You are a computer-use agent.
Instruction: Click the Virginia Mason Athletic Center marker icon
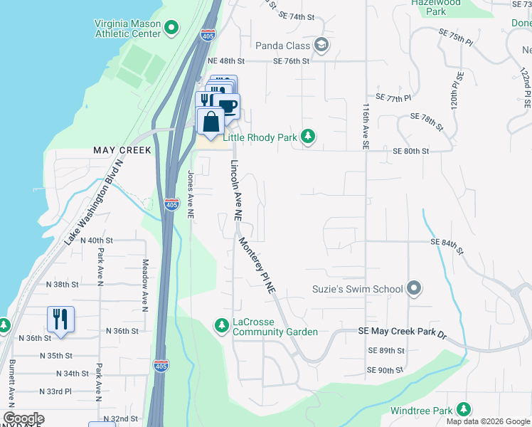click(171, 28)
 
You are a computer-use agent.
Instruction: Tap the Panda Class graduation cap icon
click(321, 46)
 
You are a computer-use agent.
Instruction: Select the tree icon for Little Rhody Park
click(307, 136)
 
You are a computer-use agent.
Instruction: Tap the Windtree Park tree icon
click(464, 410)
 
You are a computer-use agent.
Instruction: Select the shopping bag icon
click(211, 122)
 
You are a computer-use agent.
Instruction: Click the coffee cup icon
click(228, 107)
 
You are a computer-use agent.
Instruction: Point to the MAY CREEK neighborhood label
click(122, 150)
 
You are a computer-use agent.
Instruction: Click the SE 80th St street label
click(411, 151)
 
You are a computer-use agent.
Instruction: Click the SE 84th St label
click(447, 246)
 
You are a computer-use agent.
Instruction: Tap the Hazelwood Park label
click(436, 7)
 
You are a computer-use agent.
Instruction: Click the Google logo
click(23, 418)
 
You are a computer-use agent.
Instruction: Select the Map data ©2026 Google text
click(488, 421)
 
